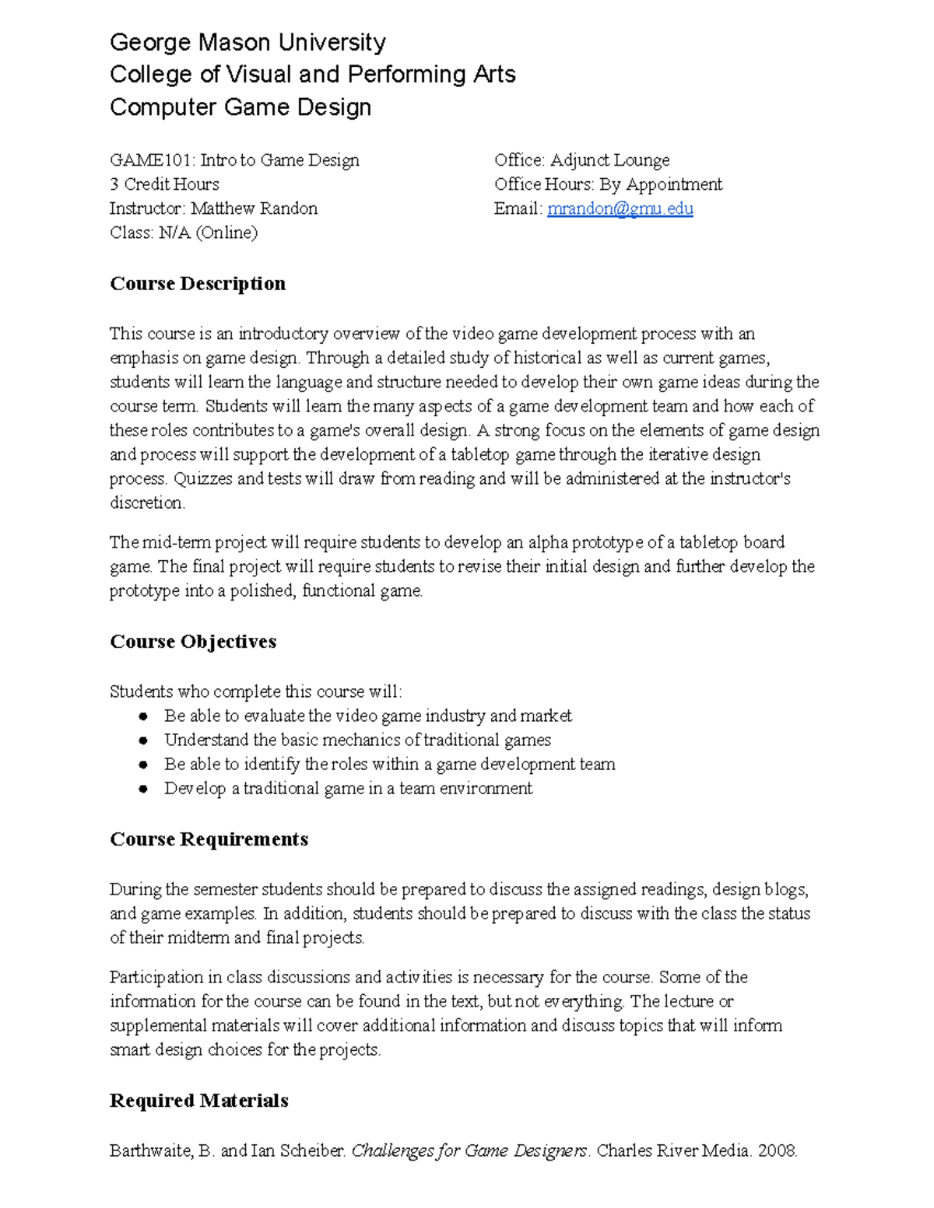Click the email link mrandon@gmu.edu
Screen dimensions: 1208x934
[620, 208]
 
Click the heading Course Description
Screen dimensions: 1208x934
[198, 283]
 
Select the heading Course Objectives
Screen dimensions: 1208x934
[193, 642]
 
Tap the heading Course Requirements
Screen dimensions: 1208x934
[209, 839]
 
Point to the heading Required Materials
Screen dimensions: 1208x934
[199, 1101]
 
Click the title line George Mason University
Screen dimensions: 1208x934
[248, 42]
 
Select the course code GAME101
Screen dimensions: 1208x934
[151, 160]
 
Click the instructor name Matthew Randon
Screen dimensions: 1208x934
[254, 208]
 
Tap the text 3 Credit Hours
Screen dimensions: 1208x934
[164, 184]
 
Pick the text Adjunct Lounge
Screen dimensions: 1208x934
[609, 160]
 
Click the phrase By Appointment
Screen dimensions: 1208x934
[661, 184]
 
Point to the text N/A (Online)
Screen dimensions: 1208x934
[208, 233]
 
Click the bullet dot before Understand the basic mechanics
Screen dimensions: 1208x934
[143, 741]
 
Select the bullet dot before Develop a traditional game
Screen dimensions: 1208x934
[143, 789]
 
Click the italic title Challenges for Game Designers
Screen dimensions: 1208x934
[469, 1150]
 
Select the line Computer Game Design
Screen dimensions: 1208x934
[241, 107]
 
